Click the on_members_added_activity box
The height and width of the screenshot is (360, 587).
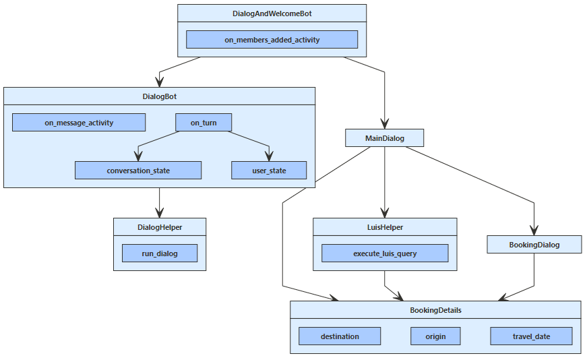pyautogui.click(x=272, y=40)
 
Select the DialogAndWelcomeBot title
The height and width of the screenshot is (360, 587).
pyautogui.click(x=272, y=13)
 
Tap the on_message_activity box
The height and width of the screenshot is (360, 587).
pyautogui.click(x=79, y=123)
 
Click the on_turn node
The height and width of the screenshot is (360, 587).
pyautogui.click(x=204, y=123)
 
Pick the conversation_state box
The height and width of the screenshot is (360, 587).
pyautogui.click(x=138, y=171)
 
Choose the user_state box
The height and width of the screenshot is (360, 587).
pyautogui.click(x=269, y=171)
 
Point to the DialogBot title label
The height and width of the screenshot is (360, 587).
pyautogui.click(x=159, y=96)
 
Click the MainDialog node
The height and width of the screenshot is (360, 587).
pyautogui.click(x=384, y=138)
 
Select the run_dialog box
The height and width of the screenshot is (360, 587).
pyautogui.click(x=159, y=253)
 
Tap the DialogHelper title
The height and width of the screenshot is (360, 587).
pyautogui.click(x=159, y=227)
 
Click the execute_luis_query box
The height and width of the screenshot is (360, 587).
pyautogui.click(x=384, y=253)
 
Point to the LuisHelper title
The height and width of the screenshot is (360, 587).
pyautogui.click(x=384, y=227)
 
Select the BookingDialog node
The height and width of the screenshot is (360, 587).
pyautogui.click(x=534, y=244)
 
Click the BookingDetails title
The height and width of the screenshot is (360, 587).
pyautogui.click(x=435, y=310)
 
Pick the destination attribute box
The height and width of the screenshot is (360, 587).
pyautogui.click(x=340, y=336)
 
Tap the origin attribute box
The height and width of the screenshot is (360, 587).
pyautogui.click(x=435, y=336)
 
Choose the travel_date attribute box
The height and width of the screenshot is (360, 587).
pyautogui.click(x=531, y=336)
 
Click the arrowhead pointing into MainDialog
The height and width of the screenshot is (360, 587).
pyautogui.click(x=384, y=123)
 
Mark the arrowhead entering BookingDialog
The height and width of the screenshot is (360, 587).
pyautogui.click(x=534, y=229)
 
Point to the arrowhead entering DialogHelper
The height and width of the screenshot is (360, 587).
pyautogui.click(x=159, y=212)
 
